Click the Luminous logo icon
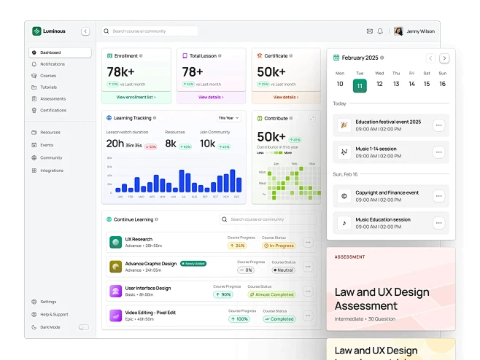point(37,31)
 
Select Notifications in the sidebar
point(52,64)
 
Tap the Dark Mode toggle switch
point(83,327)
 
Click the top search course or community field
point(150,31)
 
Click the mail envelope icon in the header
point(370,31)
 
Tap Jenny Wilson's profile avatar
point(398,31)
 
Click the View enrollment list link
point(136,97)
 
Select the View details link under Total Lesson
point(211,97)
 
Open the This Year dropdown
point(228,117)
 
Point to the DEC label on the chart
point(237,197)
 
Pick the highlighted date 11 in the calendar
point(359,85)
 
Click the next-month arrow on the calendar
point(444,58)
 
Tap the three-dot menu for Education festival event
point(438,125)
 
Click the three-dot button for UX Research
point(308,243)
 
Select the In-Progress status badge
point(279,246)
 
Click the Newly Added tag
point(193,264)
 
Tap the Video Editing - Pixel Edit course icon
point(115,316)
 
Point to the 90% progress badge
point(223,294)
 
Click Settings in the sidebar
point(48,302)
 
